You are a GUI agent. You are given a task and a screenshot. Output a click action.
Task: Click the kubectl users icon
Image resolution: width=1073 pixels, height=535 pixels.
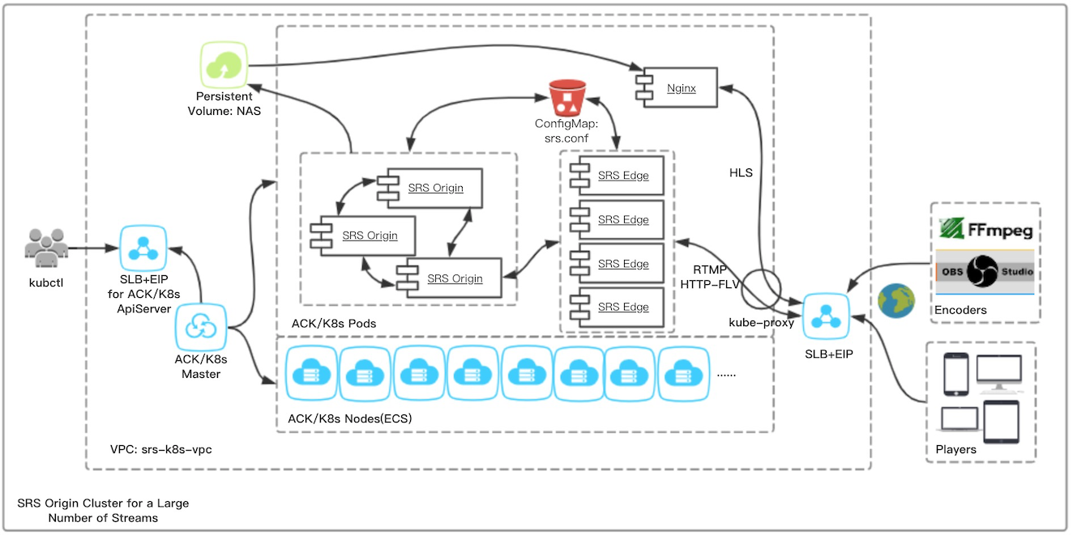(45, 246)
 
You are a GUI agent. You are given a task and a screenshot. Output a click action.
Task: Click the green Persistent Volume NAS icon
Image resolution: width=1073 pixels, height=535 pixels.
(223, 66)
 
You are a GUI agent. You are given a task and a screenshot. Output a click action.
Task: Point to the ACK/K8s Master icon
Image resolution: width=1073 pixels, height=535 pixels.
(200, 327)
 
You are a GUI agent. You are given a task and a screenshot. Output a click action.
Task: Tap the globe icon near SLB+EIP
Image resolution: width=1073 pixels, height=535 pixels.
(896, 300)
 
